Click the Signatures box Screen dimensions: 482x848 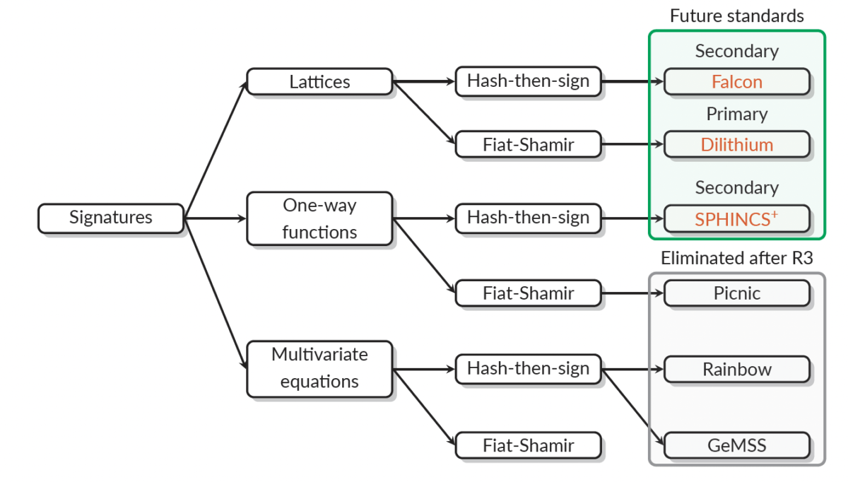[111, 218]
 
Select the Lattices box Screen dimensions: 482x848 [319, 81]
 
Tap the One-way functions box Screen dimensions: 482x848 [319, 218]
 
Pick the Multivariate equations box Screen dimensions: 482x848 [319, 368]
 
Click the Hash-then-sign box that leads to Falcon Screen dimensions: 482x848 [528, 81]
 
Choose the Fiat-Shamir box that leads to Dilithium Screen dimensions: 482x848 [528, 144]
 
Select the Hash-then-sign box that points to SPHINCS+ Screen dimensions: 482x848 [528, 218]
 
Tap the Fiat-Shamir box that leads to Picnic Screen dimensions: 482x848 [528, 293]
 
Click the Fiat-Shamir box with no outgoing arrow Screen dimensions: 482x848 [528, 446]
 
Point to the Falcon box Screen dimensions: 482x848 [737, 82]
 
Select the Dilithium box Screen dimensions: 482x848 [737, 145]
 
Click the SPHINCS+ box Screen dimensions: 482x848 [737, 218]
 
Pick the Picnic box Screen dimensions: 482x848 [737, 293]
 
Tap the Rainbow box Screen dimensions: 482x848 [737, 369]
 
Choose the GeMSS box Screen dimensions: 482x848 [737, 446]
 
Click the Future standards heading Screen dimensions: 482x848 [736, 16]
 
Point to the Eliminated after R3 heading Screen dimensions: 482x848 [736, 259]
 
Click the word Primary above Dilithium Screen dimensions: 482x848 [736, 114]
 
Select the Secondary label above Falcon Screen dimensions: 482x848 [736, 51]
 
